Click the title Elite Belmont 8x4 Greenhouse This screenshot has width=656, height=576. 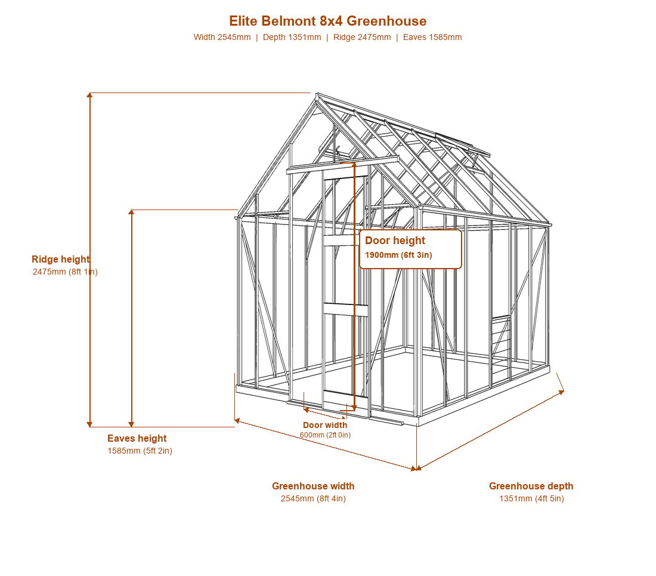(x=327, y=21)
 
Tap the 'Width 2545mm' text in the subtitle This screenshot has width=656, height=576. (x=222, y=37)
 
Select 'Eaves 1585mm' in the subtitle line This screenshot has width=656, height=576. (x=432, y=37)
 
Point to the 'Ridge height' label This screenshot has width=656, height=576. (x=61, y=259)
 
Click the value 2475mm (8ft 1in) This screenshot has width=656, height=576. (x=65, y=272)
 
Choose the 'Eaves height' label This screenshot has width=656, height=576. (x=137, y=438)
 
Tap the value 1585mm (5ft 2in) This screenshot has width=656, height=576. (x=140, y=451)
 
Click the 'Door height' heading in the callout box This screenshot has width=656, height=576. (x=395, y=241)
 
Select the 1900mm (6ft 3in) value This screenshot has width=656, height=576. (x=398, y=255)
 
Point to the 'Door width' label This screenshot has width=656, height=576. (x=325, y=425)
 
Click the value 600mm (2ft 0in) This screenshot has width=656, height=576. (x=325, y=435)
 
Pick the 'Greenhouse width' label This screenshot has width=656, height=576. (x=313, y=486)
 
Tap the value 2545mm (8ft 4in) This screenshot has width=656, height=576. (x=313, y=498)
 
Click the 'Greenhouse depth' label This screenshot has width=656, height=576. (x=531, y=486)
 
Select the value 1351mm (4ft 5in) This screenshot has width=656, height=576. (x=531, y=498)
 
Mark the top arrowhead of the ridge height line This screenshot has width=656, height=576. (x=89, y=95)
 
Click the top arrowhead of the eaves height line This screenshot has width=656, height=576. (x=131, y=212)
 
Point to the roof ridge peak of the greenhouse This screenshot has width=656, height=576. (x=317, y=94)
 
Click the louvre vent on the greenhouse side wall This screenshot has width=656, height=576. (x=501, y=335)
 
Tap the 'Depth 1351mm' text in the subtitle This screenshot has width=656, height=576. (x=292, y=37)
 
